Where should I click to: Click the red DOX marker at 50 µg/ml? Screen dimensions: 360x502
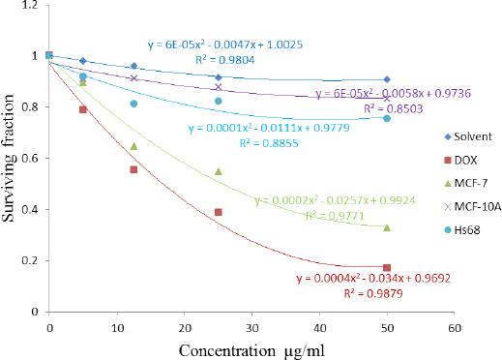coord(387,267)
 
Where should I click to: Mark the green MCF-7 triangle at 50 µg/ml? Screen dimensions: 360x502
coord(387,227)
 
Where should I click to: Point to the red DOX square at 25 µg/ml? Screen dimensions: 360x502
coord(219,212)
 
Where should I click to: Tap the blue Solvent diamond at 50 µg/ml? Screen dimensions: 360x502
coord(387,79)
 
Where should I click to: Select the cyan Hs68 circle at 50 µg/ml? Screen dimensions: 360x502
coord(387,118)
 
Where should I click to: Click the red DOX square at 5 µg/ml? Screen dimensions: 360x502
coord(83,109)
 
